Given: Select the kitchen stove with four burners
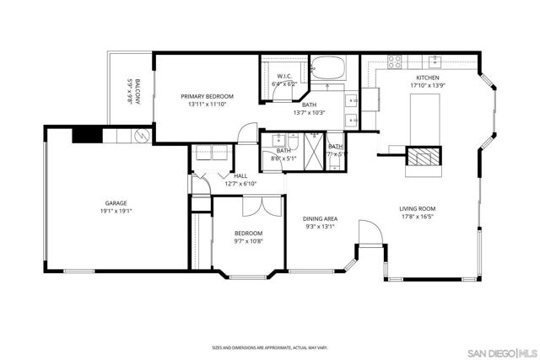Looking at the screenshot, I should click(x=394, y=61).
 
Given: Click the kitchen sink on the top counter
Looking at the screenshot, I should click(x=435, y=61).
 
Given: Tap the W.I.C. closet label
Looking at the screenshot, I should click(x=284, y=77).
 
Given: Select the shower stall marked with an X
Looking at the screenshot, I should click(x=313, y=153).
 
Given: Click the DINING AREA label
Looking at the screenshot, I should click(x=320, y=218).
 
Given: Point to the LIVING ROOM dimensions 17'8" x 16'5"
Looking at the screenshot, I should click(x=418, y=216).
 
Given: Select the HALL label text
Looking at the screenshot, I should click(x=240, y=175).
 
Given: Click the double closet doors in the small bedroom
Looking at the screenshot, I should click(x=254, y=207).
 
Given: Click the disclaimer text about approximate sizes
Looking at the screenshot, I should click(x=269, y=347).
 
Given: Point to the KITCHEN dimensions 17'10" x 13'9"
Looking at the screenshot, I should click(x=426, y=84).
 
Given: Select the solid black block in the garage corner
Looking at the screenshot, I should click(x=86, y=135).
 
